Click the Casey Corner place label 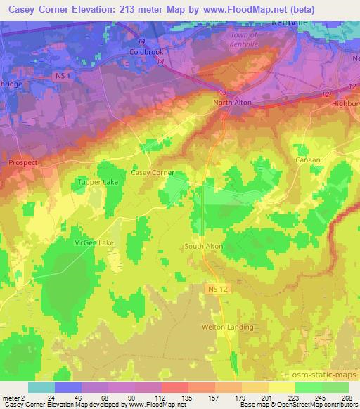click(152, 172)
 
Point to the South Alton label click(203, 246)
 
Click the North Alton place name click(233, 103)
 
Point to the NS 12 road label click(217, 289)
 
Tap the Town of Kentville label click(244, 39)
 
